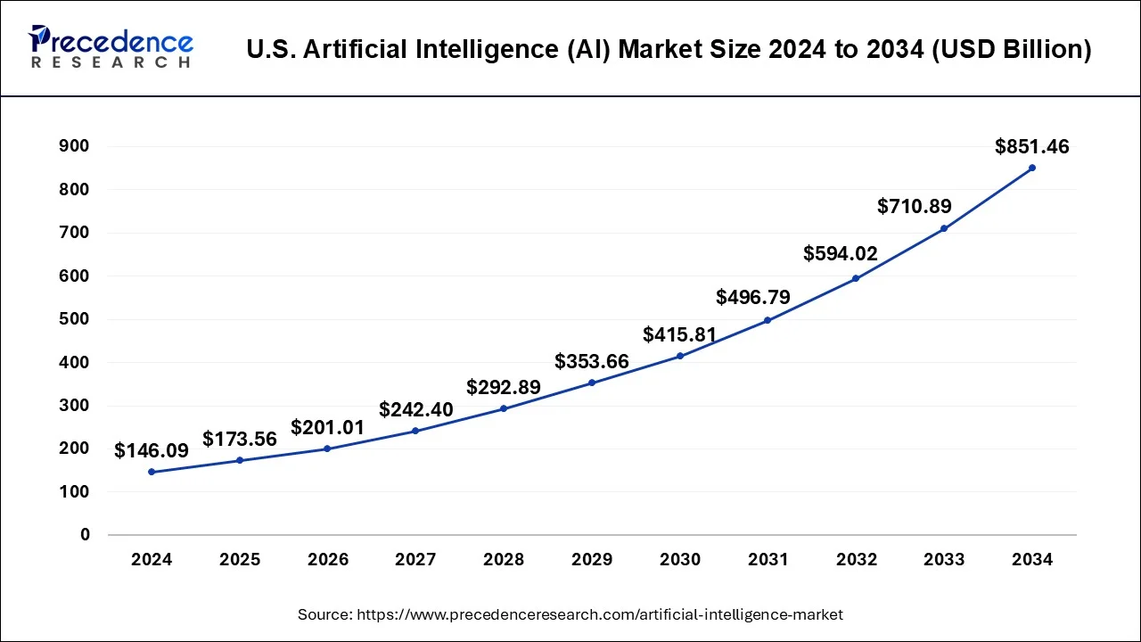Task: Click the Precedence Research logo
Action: click(x=111, y=47)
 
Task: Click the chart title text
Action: click(x=669, y=49)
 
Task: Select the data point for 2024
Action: click(x=152, y=472)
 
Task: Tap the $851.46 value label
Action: click(x=1031, y=147)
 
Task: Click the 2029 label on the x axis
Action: click(x=592, y=560)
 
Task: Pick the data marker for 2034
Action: click(x=1032, y=168)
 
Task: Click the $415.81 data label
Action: click(x=679, y=335)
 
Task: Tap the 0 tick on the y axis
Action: click(x=85, y=535)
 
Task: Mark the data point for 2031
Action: click(x=768, y=320)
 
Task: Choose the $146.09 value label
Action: click(x=152, y=451)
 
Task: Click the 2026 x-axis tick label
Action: click(x=328, y=560)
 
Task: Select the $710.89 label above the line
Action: click(x=914, y=207)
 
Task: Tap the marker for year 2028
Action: click(x=504, y=408)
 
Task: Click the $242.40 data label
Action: click(x=415, y=410)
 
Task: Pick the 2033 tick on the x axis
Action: click(x=944, y=560)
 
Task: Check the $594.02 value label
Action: click(x=841, y=253)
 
